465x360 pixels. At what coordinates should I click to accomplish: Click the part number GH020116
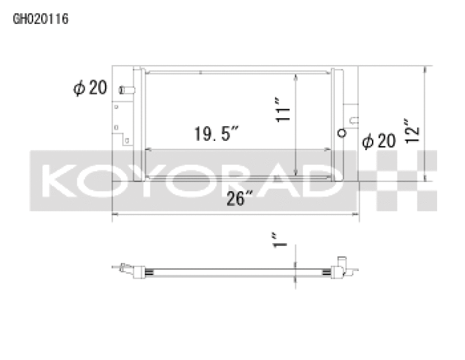pyautogui.click(x=41, y=19)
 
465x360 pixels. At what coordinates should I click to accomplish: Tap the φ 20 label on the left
pyautogui.click(x=90, y=88)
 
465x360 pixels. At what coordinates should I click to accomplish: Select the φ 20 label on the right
pyautogui.click(x=378, y=141)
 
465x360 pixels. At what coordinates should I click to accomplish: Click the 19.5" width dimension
pyautogui.click(x=217, y=134)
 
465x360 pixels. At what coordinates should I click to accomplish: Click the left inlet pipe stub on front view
pyautogui.click(x=127, y=90)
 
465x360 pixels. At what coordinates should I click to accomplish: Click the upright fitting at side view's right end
pyautogui.click(x=341, y=263)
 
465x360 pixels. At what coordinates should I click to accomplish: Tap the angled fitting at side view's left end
pyautogui.click(x=124, y=268)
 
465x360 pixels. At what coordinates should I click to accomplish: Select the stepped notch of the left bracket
pyautogui.click(x=124, y=138)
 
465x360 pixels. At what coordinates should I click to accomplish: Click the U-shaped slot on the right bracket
pyautogui.click(x=353, y=121)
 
